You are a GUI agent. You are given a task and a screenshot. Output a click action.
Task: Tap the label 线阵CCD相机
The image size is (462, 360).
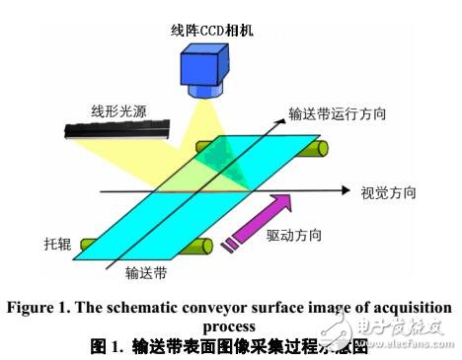click(212, 30)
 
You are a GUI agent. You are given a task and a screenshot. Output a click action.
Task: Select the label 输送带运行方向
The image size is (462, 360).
click(335, 114)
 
